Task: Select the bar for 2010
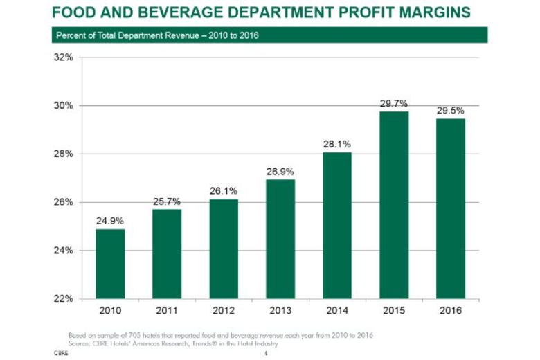click(110, 264)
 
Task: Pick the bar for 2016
click(451, 208)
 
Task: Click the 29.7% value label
click(394, 104)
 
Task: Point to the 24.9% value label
click(110, 222)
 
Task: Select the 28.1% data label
click(337, 144)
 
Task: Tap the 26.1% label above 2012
click(224, 191)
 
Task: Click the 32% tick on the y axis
click(64, 57)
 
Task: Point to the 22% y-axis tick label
click(64, 298)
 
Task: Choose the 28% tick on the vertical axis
click(64, 154)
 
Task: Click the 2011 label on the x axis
click(167, 310)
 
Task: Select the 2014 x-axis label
click(337, 310)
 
